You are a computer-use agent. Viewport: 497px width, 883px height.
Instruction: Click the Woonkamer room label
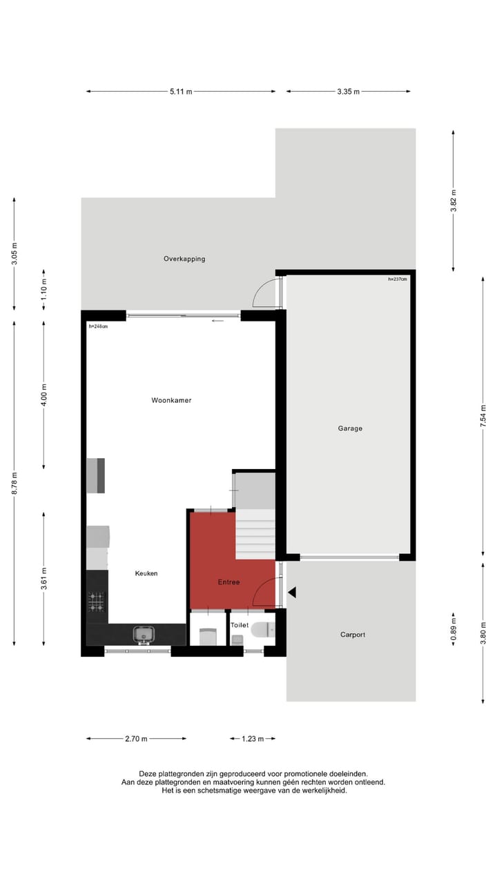172,400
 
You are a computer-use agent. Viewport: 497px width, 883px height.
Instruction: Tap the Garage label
350,428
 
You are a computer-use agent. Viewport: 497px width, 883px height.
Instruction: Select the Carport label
353,635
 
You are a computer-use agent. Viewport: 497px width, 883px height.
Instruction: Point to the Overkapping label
184,259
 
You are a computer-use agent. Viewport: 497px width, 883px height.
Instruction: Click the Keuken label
146,573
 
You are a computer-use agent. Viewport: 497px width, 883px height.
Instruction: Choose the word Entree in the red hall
228,582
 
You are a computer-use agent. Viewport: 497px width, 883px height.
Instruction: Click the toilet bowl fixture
262,629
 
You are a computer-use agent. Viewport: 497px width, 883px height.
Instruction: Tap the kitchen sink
144,633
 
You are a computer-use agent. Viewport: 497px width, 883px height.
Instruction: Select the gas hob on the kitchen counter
97,602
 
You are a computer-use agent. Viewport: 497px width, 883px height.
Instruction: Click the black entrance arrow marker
292,593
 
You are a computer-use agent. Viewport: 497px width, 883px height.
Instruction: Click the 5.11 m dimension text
181,91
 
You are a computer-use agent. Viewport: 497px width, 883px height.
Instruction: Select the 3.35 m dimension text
348,91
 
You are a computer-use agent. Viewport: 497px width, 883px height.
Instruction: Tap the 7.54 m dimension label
484,416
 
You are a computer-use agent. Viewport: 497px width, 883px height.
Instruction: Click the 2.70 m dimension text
136,739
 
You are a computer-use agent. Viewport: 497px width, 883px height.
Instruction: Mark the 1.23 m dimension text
253,739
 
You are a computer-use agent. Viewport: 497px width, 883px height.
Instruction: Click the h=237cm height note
398,279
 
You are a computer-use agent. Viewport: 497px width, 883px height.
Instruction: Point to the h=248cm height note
98,326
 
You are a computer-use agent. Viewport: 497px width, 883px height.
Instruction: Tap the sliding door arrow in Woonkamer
218,321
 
